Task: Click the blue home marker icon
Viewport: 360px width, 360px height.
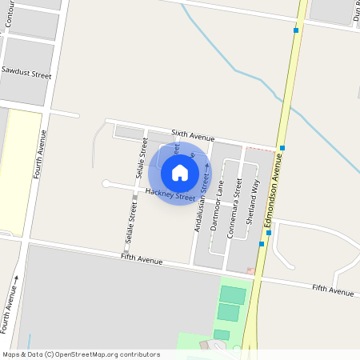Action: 180,173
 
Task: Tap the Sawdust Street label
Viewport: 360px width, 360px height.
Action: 26,75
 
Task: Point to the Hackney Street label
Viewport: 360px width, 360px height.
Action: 170,194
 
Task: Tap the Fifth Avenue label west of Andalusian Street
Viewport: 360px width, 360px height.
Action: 142,258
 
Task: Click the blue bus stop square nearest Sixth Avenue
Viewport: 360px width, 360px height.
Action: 282,148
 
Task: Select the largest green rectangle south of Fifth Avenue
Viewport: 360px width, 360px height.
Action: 233,294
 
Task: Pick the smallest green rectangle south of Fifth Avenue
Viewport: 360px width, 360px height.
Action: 222,334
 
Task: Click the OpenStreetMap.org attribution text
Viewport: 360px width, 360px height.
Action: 104,354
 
